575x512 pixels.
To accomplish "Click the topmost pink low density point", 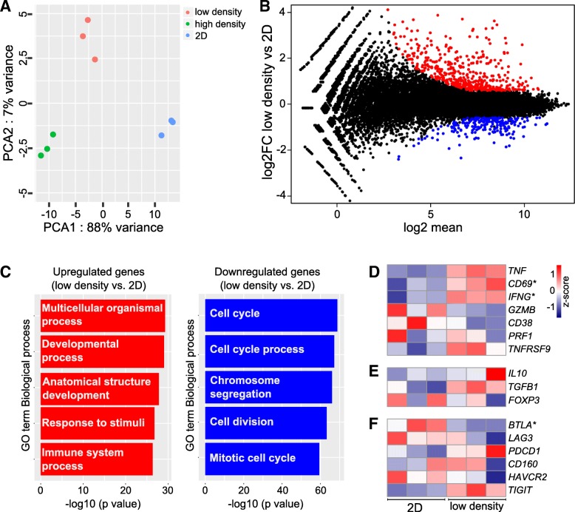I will tap(88, 20).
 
